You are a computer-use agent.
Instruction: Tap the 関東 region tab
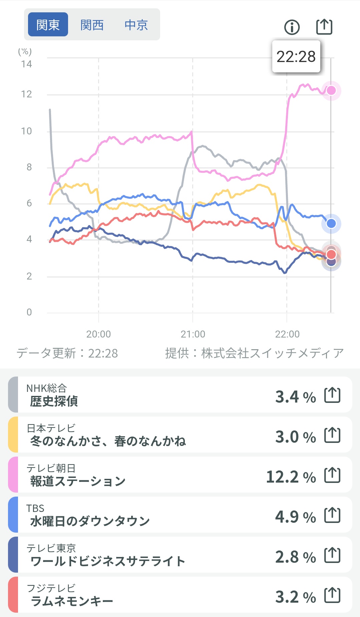tap(48, 25)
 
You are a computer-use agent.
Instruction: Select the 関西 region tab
tap(92, 25)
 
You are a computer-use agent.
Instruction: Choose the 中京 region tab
tap(136, 25)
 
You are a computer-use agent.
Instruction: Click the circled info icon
tap(292, 27)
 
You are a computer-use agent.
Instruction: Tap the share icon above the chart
tap(324, 27)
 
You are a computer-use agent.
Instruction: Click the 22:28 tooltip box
tap(296, 56)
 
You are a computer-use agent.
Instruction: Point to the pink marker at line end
tap(331, 90)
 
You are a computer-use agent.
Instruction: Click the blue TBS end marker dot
tap(331, 223)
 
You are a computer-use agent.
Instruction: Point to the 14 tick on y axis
tap(27, 64)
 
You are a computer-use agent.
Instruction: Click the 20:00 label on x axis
tap(98, 334)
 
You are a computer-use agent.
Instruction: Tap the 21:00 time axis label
tap(193, 334)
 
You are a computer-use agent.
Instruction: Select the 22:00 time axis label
tap(287, 334)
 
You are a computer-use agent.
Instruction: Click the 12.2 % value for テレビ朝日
tap(291, 477)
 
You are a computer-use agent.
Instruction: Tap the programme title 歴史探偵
tap(54, 401)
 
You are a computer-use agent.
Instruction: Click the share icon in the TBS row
tap(332, 515)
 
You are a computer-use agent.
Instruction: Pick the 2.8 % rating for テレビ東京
tap(295, 557)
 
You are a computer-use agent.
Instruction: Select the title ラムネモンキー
tap(72, 601)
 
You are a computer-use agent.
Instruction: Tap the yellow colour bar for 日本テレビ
tap(13, 435)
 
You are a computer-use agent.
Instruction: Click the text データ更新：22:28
tap(67, 353)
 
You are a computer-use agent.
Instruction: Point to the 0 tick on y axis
tap(29, 312)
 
